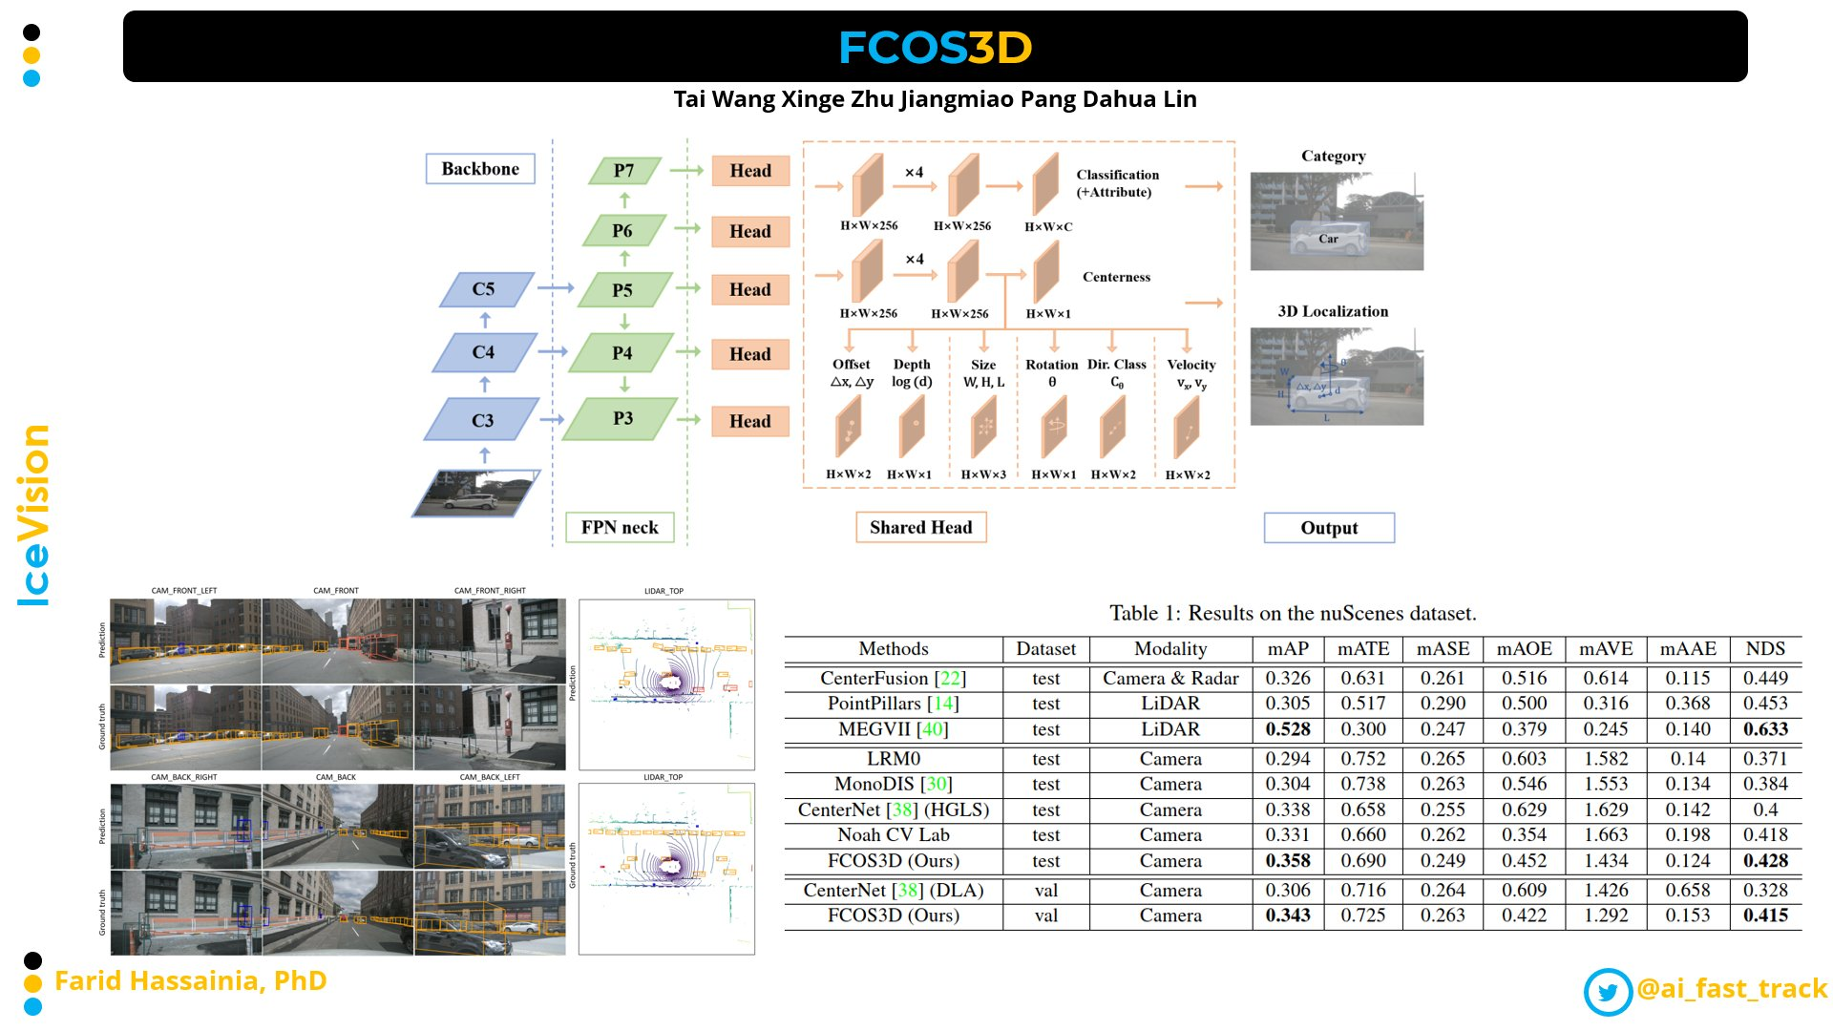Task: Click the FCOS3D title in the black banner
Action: tap(935, 47)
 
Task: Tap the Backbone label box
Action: tap(480, 169)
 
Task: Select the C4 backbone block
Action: tap(484, 352)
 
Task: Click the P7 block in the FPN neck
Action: tap(623, 171)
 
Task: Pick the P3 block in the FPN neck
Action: tap(622, 419)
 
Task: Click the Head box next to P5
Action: tap(750, 290)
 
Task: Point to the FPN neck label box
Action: tap(620, 527)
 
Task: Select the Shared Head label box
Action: tap(920, 527)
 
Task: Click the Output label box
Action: tap(1329, 528)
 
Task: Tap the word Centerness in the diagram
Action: tap(1116, 277)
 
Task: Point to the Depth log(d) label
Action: tap(912, 372)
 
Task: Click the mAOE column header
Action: tap(1524, 649)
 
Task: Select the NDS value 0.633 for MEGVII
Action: tap(1765, 729)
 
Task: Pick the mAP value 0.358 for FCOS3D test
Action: tap(1288, 861)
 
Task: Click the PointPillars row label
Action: tap(893, 704)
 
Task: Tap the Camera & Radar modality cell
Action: tap(1170, 679)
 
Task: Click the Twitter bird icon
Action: tap(1608, 991)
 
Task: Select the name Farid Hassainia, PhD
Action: tap(191, 981)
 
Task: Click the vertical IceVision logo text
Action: tap(34, 515)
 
